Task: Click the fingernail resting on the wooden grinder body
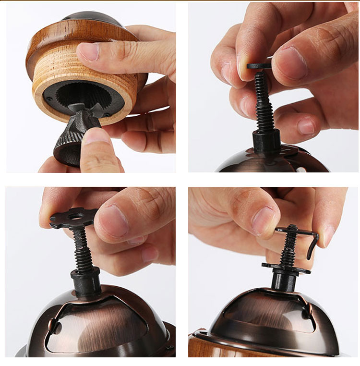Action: coord(89,51)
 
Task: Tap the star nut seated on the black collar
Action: coord(286,267)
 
